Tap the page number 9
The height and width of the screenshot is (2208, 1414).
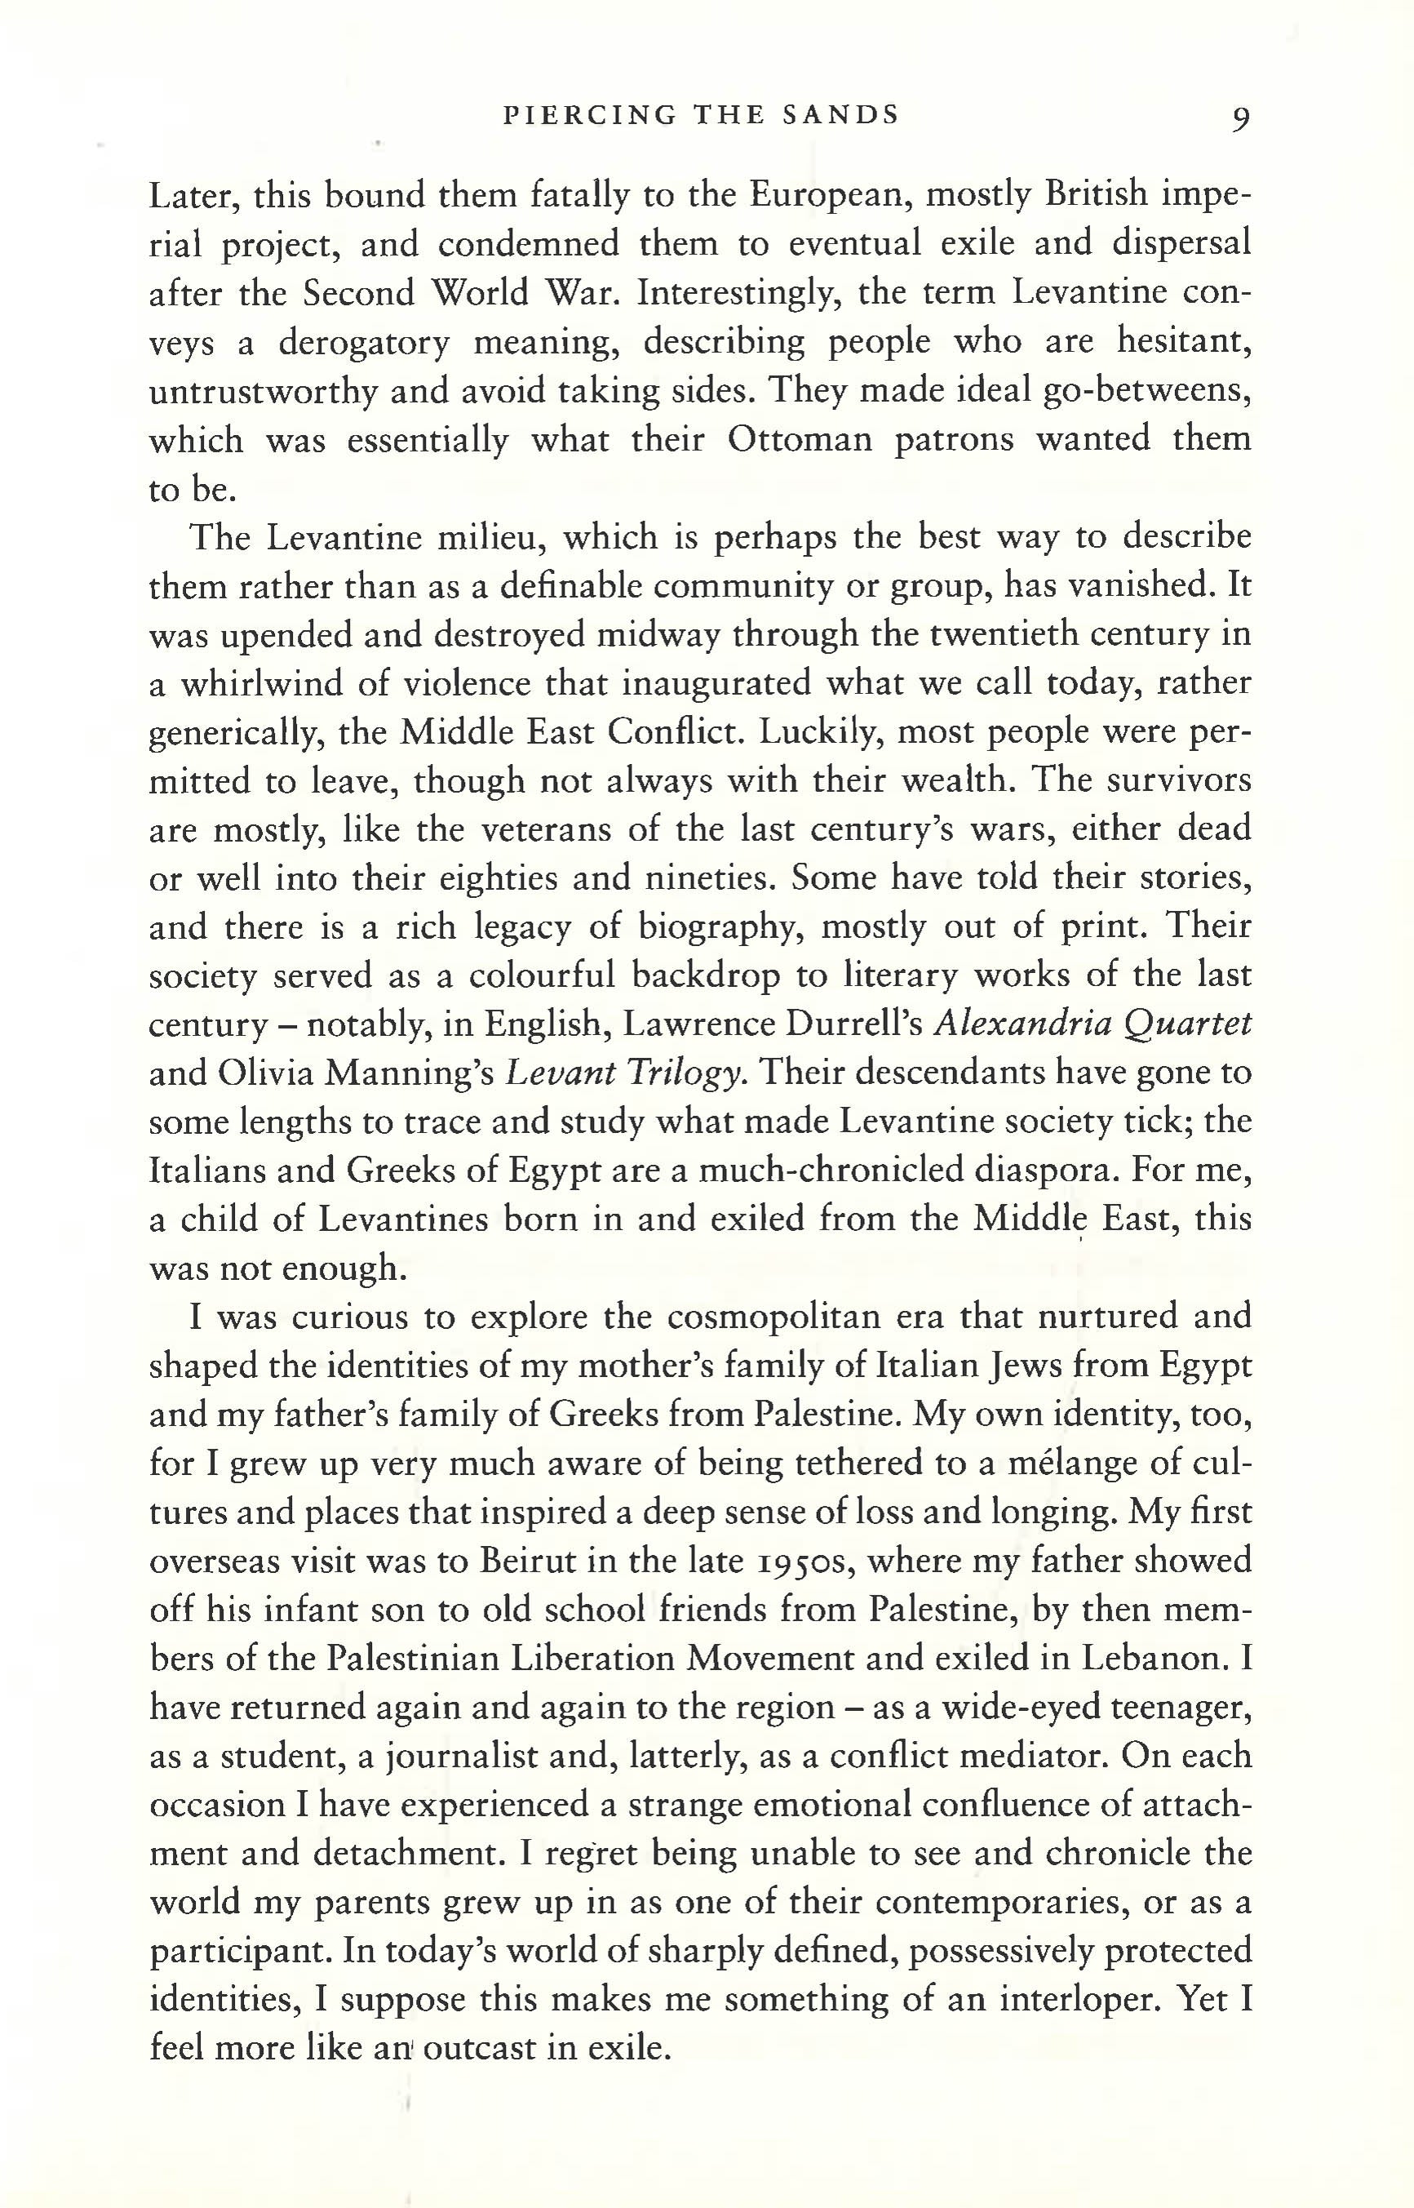pos(1239,118)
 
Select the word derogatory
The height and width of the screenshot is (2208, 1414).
pos(365,343)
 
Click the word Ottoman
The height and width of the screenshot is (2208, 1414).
pos(800,440)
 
